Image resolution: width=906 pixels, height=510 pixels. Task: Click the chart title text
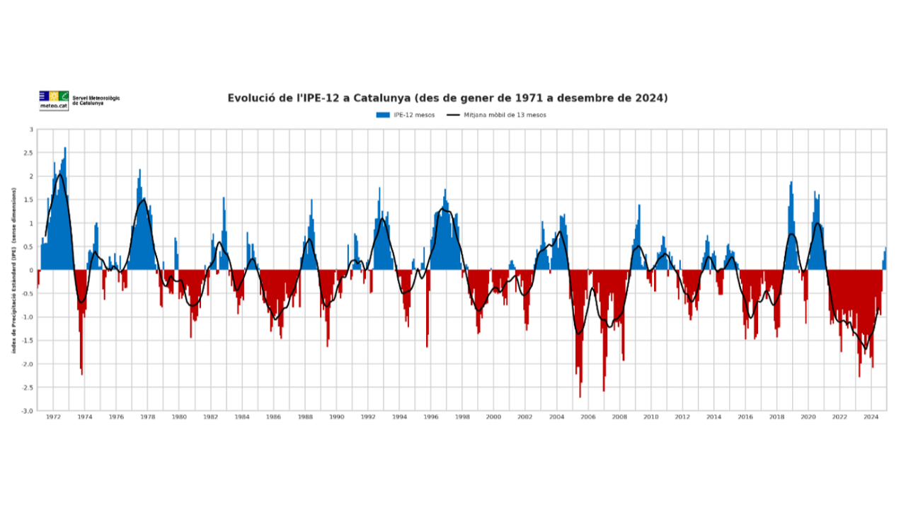447,98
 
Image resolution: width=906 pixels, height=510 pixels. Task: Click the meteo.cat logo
54,100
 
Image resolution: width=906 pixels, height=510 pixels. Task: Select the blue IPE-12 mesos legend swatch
383,115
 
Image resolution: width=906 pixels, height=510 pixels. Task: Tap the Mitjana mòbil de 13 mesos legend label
505,115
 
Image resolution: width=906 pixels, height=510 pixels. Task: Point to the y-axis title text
13,271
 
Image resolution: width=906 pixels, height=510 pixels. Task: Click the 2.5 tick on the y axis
28,153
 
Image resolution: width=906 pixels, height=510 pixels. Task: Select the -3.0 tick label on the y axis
27,411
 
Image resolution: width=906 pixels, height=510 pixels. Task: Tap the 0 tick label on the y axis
30,270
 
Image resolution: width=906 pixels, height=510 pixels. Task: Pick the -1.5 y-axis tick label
27,341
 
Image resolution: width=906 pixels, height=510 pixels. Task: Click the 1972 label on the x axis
53,417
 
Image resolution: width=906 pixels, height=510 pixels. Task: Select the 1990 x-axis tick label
336,417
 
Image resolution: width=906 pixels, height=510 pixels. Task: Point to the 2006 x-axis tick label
587,417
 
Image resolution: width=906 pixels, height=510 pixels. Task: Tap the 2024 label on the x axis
871,417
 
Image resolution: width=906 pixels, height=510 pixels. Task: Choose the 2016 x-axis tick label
745,417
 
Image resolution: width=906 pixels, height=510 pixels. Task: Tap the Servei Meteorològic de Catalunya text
96,100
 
